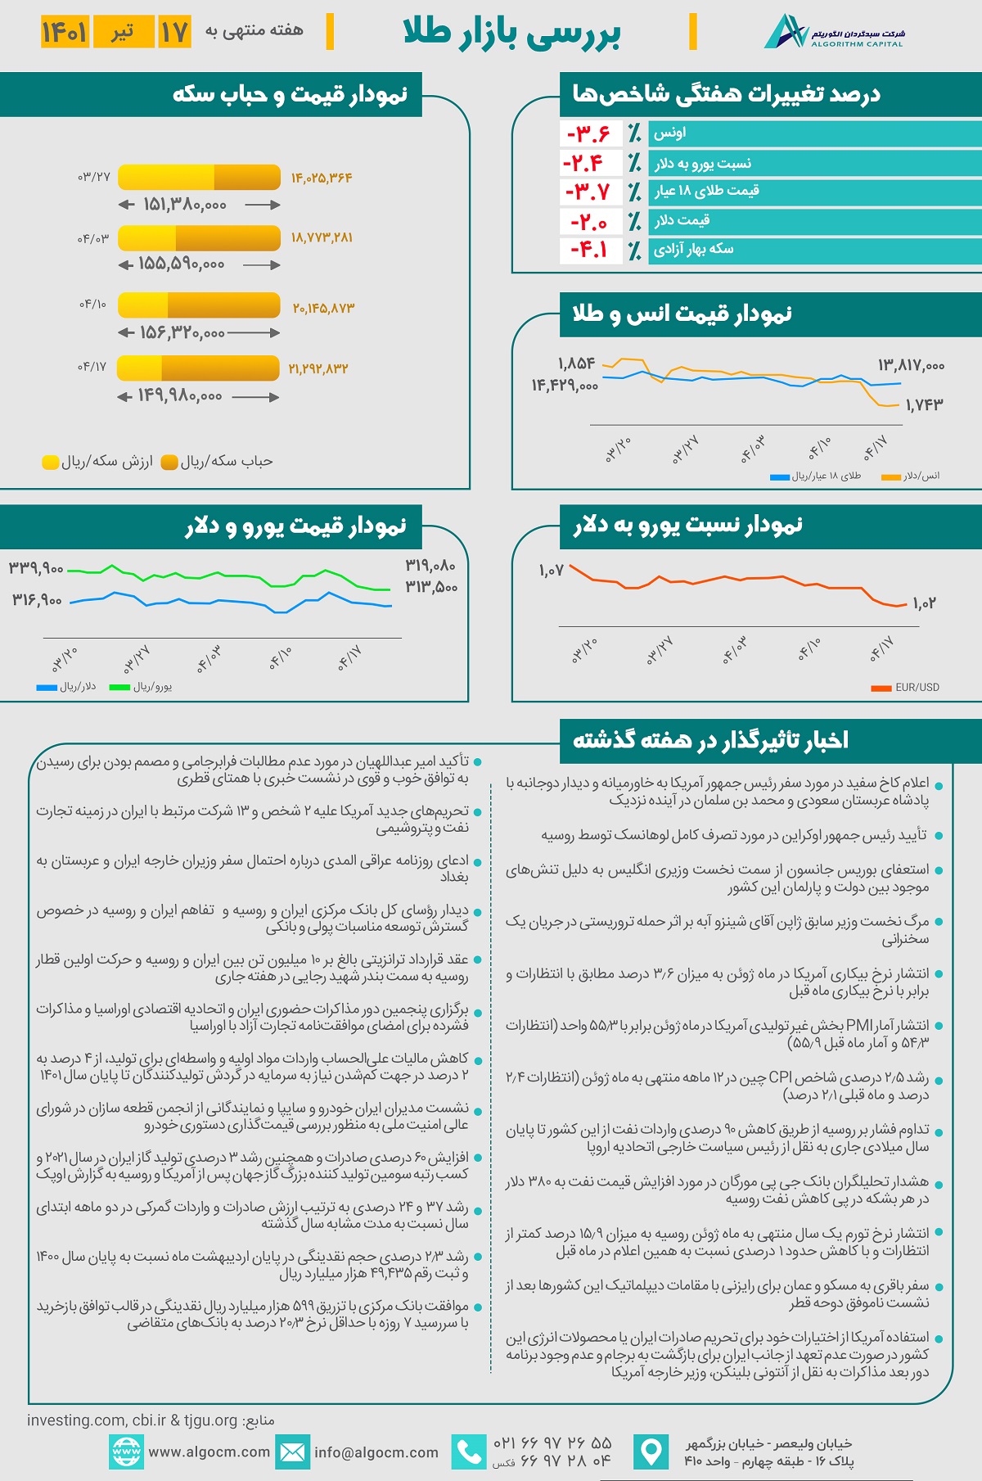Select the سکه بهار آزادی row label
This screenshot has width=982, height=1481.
click(x=693, y=249)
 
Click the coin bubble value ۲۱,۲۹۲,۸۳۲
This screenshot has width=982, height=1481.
click(x=318, y=369)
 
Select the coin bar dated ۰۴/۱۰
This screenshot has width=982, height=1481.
click(x=199, y=305)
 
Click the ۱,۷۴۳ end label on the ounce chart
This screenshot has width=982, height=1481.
click(x=924, y=404)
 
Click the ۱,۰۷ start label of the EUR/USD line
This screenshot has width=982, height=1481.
click(x=552, y=571)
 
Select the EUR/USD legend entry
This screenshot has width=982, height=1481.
click(x=906, y=688)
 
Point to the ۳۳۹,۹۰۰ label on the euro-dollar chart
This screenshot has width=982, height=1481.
click(x=36, y=568)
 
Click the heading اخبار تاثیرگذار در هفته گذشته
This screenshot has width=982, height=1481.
click(x=710, y=741)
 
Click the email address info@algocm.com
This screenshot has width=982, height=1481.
click(x=376, y=1452)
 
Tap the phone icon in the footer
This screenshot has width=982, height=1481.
click(x=469, y=1452)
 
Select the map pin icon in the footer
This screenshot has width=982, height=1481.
click(x=651, y=1452)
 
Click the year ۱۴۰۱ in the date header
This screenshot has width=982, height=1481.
click(x=65, y=32)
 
